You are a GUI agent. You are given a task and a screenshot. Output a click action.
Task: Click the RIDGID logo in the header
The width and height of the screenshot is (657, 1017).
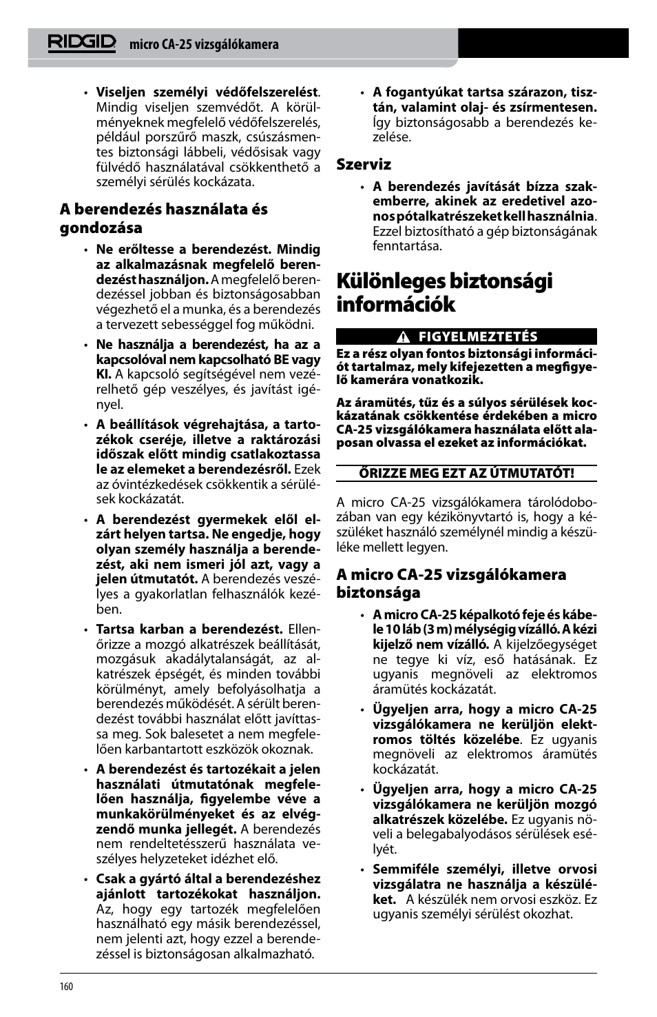(81, 43)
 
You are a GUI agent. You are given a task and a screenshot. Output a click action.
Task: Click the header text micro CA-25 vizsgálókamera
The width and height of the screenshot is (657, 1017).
(204, 45)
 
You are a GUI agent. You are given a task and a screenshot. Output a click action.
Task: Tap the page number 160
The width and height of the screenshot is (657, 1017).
(66, 986)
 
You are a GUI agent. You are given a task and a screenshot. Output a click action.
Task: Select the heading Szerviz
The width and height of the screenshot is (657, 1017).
(364, 164)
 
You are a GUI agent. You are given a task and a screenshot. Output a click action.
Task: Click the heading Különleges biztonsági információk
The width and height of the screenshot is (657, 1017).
(444, 292)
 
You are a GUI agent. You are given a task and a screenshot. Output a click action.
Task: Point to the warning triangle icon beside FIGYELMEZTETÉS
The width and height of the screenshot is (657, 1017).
(404, 337)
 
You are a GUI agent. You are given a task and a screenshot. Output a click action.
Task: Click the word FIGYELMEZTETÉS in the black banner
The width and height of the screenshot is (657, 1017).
(477, 337)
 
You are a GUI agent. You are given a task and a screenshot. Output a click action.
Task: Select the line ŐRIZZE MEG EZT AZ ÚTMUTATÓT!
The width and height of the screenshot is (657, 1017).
(466, 473)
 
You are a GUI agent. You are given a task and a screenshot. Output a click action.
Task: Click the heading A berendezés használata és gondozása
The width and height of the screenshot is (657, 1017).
(163, 218)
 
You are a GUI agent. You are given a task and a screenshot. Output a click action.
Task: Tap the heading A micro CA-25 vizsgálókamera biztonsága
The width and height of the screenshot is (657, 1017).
(451, 583)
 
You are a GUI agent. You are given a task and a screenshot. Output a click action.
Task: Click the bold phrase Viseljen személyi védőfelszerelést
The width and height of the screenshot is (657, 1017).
(207, 92)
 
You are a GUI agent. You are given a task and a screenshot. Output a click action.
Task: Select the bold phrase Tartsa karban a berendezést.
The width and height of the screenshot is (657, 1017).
(189, 630)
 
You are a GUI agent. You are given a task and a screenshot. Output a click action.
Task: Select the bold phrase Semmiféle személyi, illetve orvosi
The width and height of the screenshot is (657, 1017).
(484, 869)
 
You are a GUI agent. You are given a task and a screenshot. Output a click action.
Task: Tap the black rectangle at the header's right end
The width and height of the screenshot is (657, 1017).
(543, 43)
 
